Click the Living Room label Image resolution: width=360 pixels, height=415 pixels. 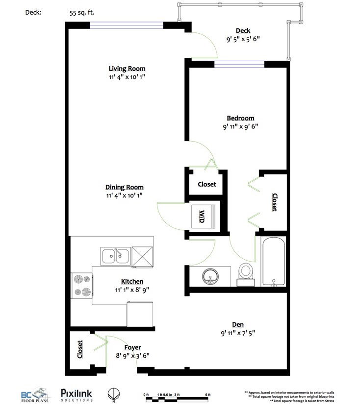127,69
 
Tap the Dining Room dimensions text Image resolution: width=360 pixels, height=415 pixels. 125,195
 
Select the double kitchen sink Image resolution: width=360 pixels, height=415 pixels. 115,256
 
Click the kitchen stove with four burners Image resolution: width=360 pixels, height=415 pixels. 82,286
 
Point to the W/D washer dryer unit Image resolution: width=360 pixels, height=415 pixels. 204,216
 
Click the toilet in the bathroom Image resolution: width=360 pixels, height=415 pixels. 246,274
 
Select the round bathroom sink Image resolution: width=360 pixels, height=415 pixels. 210,276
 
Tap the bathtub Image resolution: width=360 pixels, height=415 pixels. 273,261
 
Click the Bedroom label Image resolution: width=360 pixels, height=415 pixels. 240,118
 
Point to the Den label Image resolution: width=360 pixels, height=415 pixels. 238,324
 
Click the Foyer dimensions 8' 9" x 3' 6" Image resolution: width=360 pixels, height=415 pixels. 132,355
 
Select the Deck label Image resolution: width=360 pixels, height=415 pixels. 243,31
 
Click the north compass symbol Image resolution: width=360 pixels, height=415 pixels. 114,394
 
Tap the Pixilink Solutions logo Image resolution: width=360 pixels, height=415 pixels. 77,395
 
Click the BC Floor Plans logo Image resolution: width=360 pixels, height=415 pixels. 35,395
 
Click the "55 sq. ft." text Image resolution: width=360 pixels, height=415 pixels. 82,12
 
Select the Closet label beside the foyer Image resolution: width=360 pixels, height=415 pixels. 80,349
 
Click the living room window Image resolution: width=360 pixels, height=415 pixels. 127,25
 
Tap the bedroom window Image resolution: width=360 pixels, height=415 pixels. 239,64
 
